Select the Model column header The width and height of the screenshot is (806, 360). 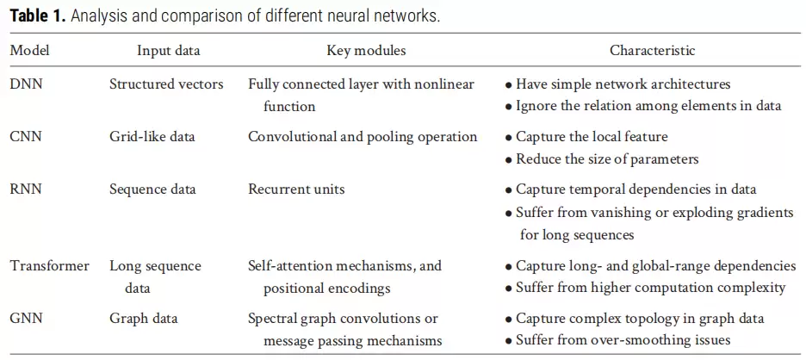coord(30,51)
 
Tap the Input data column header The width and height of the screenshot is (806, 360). coord(169,51)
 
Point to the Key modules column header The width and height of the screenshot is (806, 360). coord(366,51)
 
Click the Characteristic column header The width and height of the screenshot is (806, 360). coord(653,51)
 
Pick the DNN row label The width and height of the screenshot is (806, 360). coord(26,84)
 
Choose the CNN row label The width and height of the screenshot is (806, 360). coord(26,137)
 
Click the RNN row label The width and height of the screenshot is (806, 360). coord(26,189)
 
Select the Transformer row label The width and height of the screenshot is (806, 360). coord(50,266)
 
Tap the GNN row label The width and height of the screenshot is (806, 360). coord(26,319)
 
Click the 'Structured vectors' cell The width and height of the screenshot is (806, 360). coord(166,84)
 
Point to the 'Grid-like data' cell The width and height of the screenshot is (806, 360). coord(152,137)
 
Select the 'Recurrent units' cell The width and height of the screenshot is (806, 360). coord(296,189)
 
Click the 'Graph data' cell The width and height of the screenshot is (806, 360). coord(144,319)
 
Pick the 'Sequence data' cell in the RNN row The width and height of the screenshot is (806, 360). coord(152,189)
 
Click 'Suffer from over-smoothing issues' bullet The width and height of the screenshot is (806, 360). coord(617,340)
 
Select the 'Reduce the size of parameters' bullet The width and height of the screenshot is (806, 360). coord(601,159)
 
